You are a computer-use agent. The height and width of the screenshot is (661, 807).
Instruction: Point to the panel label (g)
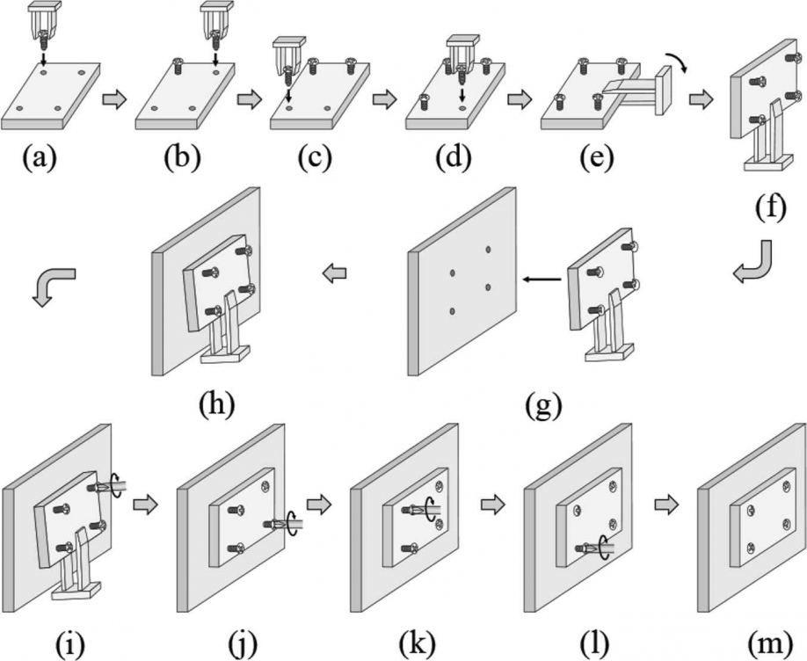[543, 405]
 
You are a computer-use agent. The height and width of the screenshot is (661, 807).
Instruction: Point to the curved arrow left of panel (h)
[52, 285]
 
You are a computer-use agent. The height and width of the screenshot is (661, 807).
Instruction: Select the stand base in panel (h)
[223, 354]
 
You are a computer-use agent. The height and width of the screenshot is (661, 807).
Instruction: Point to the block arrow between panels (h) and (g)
[333, 276]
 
